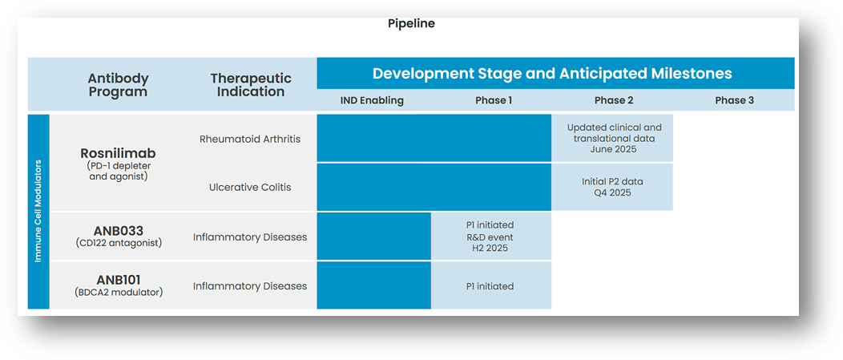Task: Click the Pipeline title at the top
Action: point(411,23)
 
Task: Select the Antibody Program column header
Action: point(118,85)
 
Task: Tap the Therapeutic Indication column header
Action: point(251,85)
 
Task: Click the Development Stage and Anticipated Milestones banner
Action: point(552,73)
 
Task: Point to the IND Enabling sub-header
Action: point(373,100)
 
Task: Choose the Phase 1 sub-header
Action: point(493,100)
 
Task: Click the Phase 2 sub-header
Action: point(613,100)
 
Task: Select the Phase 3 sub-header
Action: point(734,100)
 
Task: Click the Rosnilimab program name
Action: point(118,152)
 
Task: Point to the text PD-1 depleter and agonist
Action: point(118,171)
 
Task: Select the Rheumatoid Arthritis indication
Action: point(250,139)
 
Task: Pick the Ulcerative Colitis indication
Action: point(250,187)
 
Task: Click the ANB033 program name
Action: point(118,231)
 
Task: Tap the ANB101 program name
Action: point(118,280)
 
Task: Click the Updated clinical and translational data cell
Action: point(614,138)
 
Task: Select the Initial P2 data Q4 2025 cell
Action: point(612,187)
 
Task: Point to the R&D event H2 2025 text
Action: point(490,243)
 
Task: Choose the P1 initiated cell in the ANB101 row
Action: point(490,285)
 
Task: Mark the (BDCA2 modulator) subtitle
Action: point(118,293)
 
